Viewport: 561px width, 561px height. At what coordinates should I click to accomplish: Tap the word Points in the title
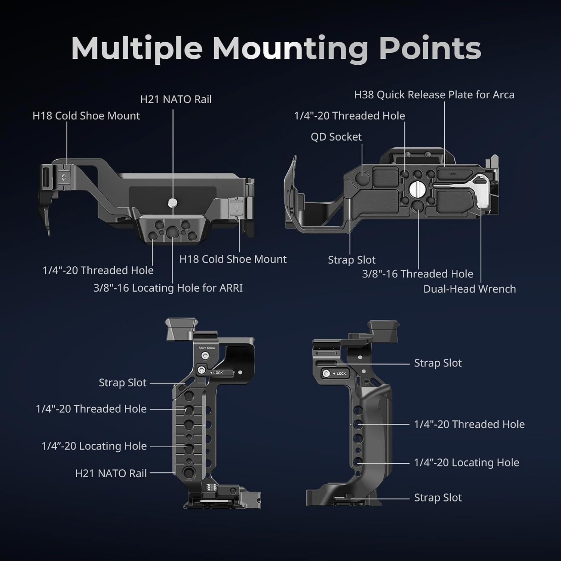[430, 49]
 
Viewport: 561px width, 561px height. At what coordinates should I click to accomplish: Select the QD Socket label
[336, 137]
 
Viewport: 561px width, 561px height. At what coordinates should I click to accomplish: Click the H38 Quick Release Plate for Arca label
[434, 95]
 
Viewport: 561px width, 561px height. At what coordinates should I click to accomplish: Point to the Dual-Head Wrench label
[469, 289]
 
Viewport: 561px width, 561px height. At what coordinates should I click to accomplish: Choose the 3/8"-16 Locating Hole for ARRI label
[168, 288]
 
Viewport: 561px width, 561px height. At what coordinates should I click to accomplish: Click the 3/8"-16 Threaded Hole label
[417, 274]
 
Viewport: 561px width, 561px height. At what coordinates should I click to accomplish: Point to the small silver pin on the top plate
[172, 203]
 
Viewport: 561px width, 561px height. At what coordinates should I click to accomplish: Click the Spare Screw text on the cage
[206, 348]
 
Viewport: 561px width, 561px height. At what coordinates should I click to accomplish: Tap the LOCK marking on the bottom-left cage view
[218, 373]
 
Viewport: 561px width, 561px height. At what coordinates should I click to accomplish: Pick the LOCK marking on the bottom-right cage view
[341, 374]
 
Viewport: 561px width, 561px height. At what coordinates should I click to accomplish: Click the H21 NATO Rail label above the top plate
[176, 99]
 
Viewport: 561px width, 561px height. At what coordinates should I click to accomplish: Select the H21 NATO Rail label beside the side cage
[111, 473]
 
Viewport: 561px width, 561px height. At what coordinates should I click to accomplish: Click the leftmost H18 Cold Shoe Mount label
[86, 116]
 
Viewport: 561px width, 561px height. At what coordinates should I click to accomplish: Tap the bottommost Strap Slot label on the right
[438, 498]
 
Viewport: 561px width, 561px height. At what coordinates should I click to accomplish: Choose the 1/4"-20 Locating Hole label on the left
[94, 446]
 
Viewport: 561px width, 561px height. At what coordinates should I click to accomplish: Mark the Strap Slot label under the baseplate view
[352, 260]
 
